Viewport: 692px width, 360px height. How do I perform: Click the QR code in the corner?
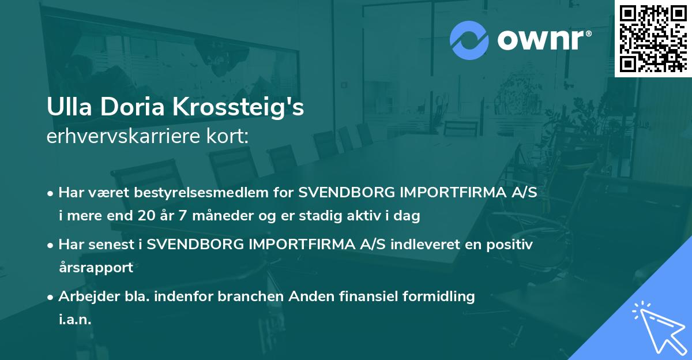(653, 39)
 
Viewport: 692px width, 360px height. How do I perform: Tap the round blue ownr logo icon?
(469, 40)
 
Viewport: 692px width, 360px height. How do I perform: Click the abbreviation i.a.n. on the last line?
(75, 320)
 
